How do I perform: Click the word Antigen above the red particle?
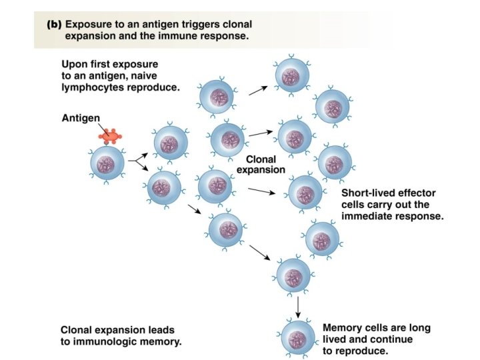(x=81, y=117)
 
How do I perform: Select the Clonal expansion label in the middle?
(x=261, y=165)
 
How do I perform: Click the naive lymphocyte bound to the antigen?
(x=107, y=163)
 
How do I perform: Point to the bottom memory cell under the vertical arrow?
(x=297, y=337)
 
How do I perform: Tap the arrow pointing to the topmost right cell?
(x=259, y=90)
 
